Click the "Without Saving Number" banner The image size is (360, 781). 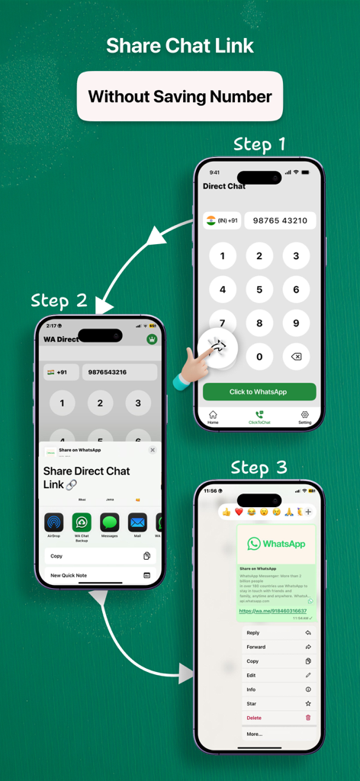[180, 97]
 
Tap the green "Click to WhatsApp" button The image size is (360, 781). [259, 391]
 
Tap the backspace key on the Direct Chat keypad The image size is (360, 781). [296, 356]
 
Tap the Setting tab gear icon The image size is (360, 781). [304, 416]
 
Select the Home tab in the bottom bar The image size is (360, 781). [213, 416]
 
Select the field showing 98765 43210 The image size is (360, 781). [280, 220]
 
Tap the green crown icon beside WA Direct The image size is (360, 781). [152, 339]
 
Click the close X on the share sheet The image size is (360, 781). [153, 450]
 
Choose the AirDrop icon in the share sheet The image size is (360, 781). [53, 522]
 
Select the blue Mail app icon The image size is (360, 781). [137, 522]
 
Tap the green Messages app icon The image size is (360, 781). [109, 522]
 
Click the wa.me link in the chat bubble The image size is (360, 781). [272, 611]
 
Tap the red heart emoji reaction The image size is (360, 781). [239, 513]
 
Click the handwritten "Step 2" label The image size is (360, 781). [59, 301]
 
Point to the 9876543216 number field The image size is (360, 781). [119, 372]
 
